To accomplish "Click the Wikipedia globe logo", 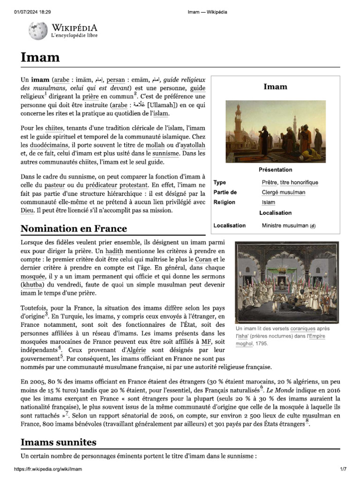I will pos(38,31).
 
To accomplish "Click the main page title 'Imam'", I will pos(40,57).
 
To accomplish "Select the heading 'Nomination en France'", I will pos(74,229).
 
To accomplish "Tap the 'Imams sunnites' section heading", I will pos(59,442).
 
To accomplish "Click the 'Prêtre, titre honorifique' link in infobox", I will pos(290,182).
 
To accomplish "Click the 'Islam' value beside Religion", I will pos(268,202).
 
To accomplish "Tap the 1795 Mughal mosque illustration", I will pos(286,282).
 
